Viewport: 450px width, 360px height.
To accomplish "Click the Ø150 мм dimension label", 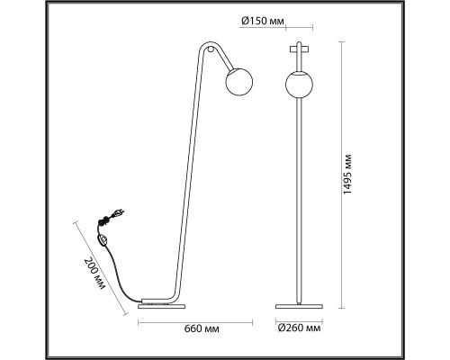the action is click(x=262, y=21).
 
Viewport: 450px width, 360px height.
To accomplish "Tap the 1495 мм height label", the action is click(x=347, y=175).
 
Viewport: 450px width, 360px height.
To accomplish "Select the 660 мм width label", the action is click(x=202, y=328).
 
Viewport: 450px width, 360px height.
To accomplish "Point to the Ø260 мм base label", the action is click(x=299, y=328).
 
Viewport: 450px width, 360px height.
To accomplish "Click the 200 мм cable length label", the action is click(x=94, y=273).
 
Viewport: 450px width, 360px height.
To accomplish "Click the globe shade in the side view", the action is click(x=239, y=82).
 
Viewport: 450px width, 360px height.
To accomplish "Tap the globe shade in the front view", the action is click(x=299, y=85).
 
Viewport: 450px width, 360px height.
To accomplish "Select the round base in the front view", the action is click(x=299, y=307).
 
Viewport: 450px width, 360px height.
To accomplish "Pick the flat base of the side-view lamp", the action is click(x=162, y=306).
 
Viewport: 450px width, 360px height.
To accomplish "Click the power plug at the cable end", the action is click(x=117, y=214).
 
